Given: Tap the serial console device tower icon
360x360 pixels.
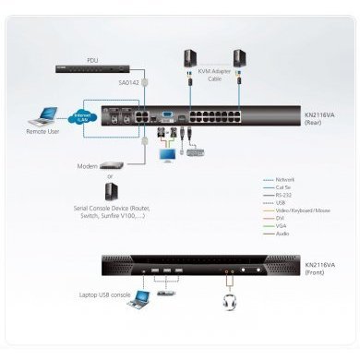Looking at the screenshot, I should [x=111, y=192].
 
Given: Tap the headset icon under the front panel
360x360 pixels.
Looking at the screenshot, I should [x=227, y=300].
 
